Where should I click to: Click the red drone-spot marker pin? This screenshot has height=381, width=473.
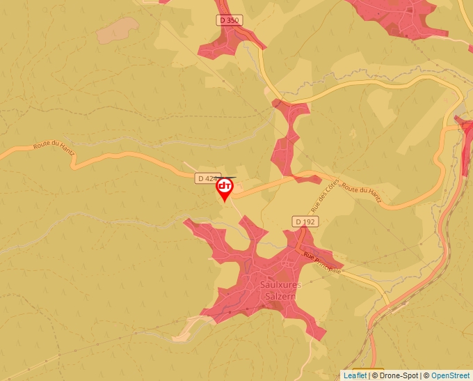click(x=224, y=187)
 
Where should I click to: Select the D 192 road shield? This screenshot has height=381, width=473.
click(x=305, y=221)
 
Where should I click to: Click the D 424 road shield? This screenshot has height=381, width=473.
click(x=207, y=178)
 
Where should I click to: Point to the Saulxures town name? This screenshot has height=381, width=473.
click(x=280, y=285)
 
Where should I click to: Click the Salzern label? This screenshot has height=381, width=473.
click(x=280, y=296)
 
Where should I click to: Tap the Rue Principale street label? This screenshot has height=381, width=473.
click(x=322, y=262)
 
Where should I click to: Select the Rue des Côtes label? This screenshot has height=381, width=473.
click(x=324, y=195)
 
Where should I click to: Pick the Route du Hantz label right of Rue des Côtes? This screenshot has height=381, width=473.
click(x=362, y=193)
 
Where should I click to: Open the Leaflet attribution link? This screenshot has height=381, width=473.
click(x=355, y=375)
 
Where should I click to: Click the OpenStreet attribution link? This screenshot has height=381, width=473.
click(x=450, y=375)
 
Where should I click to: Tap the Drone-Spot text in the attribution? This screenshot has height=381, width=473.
click(x=400, y=375)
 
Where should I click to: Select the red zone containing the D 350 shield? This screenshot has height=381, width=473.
click(x=223, y=43)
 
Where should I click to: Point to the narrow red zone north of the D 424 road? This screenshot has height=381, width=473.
click(x=286, y=139)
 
